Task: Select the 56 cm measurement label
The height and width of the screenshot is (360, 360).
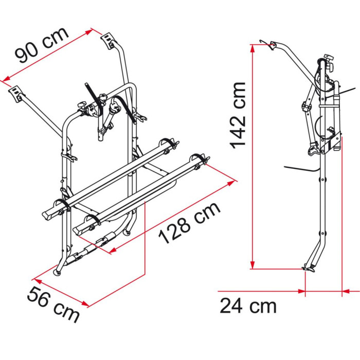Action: point(53,304)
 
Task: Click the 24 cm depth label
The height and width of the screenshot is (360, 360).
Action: point(248,305)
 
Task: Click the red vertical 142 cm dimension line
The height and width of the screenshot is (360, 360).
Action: point(253,154)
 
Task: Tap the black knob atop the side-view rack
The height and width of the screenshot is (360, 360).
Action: point(328,64)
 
